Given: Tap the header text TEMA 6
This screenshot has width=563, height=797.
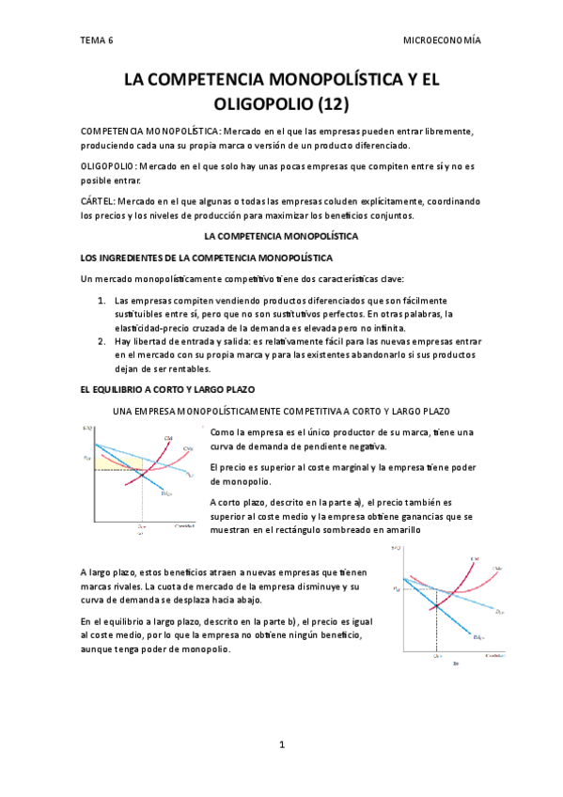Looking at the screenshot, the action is click(96, 40).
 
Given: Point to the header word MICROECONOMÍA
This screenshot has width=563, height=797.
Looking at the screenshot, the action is click(442, 40).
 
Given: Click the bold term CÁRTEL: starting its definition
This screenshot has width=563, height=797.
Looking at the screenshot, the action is click(98, 200).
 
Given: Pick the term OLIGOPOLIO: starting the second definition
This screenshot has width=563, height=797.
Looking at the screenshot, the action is click(109, 165).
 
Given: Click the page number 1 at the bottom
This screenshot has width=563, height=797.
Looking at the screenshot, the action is click(281, 745).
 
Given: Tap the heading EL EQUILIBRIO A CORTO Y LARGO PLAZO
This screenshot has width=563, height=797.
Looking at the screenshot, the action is click(168, 389).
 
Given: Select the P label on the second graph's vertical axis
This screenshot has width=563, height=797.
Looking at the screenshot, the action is click(396, 589).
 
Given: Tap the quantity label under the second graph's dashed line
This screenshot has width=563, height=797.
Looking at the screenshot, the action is click(436, 656).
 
